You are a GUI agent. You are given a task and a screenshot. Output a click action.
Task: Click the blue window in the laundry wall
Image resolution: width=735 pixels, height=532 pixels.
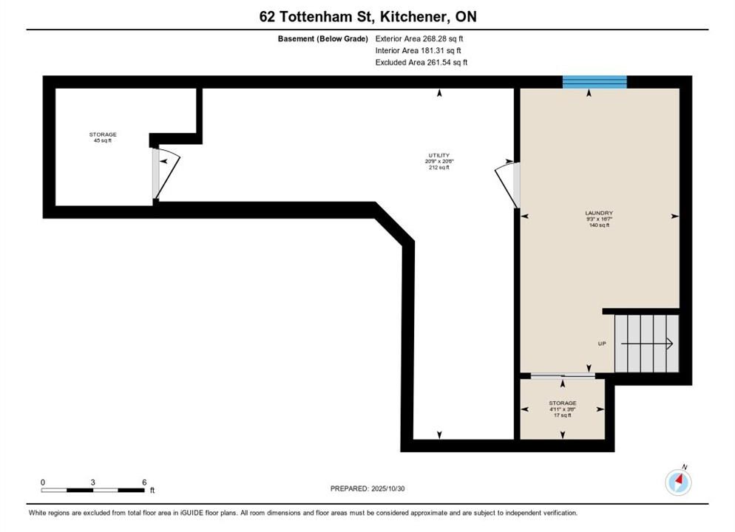(595, 82)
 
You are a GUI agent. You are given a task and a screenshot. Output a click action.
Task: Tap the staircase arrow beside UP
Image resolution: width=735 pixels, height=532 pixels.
(647, 344)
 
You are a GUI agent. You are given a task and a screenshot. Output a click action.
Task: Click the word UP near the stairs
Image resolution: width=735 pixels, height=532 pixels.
(602, 344)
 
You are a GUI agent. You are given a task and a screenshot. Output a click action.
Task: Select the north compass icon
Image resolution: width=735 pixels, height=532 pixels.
(678, 482)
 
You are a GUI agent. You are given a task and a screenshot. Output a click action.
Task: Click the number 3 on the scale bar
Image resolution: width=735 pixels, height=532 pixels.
(93, 482)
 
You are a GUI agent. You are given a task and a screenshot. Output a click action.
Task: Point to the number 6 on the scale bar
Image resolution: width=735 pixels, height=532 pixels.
(144, 482)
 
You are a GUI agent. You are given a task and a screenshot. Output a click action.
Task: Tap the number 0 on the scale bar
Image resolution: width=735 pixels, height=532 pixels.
(43, 482)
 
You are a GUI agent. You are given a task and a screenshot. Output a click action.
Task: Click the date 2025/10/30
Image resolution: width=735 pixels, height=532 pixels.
(388, 488)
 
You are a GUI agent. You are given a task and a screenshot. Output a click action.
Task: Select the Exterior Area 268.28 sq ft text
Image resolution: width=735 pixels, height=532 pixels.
(419, 39)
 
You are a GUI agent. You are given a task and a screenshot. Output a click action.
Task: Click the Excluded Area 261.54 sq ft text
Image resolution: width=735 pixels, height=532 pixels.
(421, 62)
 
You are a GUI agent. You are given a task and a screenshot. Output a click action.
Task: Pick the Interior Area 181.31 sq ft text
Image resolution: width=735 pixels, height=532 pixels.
(418, 50)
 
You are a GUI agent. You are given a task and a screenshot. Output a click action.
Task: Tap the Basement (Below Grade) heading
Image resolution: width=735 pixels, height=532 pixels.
(323, 39)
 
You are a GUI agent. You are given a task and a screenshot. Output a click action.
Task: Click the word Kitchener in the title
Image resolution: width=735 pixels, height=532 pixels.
(413, 17)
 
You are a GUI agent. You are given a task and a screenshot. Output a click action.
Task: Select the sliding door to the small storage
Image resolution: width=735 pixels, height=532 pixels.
(563, 375)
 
